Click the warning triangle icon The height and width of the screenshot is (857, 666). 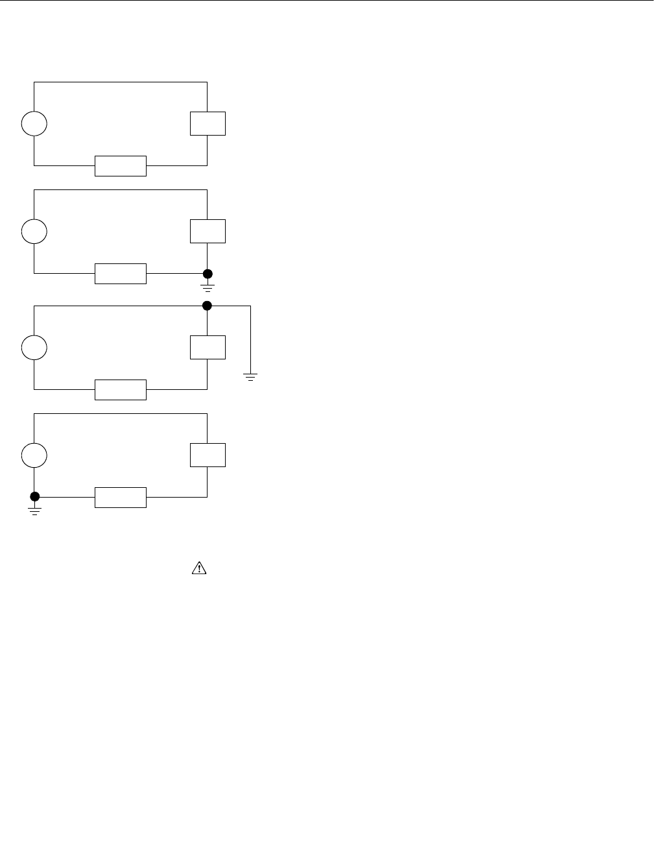point(198,568)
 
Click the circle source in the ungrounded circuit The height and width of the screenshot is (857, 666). point(34,123)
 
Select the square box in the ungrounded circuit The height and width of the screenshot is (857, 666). point(208,123)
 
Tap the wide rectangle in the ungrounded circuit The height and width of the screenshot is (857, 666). point(121,166)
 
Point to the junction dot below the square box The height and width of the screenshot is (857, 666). point(208,273)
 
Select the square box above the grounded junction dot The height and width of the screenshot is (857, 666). point(208,231)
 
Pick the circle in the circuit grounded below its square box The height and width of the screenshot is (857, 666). point(34,231)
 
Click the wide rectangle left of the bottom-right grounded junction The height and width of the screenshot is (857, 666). point(121,274)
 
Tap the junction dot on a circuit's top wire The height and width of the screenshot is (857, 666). point(208,305)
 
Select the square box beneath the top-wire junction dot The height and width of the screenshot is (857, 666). point(208,347)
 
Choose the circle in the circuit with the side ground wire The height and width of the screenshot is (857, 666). point(34,347)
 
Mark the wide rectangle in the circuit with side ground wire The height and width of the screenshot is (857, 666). point(121,390)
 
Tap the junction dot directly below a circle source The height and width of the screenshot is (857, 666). point(34,497)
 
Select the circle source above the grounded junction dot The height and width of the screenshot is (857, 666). point(34,455)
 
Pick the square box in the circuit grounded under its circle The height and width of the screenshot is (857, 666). point(208,455)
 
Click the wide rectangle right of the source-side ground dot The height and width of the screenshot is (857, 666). point(121,498)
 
